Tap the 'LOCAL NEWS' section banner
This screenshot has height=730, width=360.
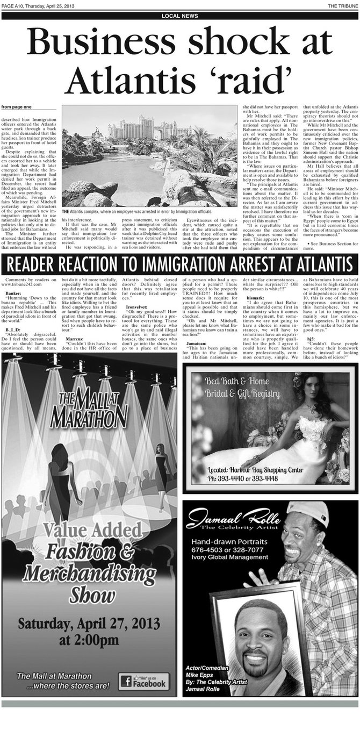180,16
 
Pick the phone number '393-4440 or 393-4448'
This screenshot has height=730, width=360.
243,478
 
